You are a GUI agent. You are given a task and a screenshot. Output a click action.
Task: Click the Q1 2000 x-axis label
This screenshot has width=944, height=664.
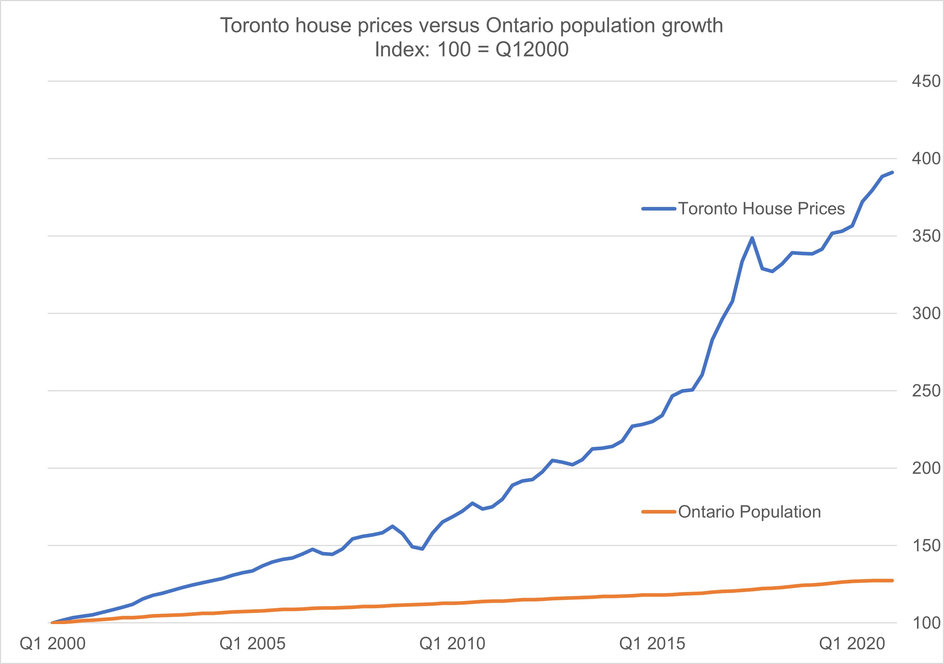coord(53,643)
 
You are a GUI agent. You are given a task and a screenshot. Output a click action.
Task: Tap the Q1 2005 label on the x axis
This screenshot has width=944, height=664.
coord(252,643)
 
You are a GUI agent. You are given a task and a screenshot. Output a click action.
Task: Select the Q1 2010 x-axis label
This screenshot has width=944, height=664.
coord(452,643)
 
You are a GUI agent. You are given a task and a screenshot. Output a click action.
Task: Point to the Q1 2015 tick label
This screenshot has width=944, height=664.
coord(652,643)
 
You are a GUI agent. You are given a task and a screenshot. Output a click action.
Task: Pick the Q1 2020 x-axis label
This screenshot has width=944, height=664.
coord(852,643)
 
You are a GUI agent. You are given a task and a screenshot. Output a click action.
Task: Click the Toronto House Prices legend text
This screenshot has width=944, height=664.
coord(761,209)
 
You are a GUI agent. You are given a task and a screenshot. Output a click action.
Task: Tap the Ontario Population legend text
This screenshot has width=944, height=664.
coord(749,512)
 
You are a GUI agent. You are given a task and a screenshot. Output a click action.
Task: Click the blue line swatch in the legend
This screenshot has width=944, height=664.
coord(658,209)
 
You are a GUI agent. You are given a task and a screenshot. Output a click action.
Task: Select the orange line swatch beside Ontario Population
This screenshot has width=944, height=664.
coord(658,512)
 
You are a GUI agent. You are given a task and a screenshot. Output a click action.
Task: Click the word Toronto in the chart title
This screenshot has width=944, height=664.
coord(255,26)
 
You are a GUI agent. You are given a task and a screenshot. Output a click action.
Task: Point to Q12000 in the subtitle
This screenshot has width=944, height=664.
coord(532,50)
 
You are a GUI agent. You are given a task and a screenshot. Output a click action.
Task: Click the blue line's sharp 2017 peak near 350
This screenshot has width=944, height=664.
coord(752,238)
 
